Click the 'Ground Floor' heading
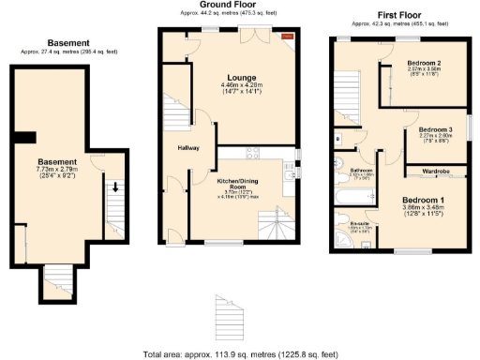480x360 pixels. point(230,5)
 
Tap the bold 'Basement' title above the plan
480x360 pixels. point(68,43)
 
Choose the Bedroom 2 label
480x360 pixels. point(425,64)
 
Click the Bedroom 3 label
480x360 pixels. point(435,129)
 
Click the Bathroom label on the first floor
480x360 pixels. point(363,170)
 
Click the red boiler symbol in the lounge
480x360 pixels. point(288,37)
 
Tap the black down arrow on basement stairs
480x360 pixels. point(115,187)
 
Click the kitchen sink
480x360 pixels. point(292,172)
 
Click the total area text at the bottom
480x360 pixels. point(240,354)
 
